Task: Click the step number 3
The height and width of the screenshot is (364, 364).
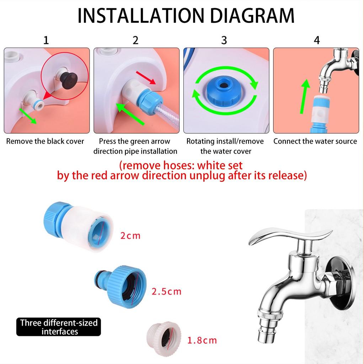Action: [x=224, y=40]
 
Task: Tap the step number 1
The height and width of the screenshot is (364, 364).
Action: [x=46, y=40]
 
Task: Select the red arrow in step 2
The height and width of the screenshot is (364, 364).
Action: [x=146, y=77]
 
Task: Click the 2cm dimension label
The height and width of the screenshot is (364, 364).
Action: [x=130, y=235]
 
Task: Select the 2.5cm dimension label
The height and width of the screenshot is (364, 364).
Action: [x=166, y=292]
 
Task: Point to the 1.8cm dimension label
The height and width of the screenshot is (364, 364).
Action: [x=202, y=341]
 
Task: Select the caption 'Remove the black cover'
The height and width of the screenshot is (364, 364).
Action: [x=45, y=141]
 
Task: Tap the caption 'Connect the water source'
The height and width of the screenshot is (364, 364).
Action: [x=315, y=141]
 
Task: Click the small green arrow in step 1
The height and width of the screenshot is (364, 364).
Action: [x=28, y=116]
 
